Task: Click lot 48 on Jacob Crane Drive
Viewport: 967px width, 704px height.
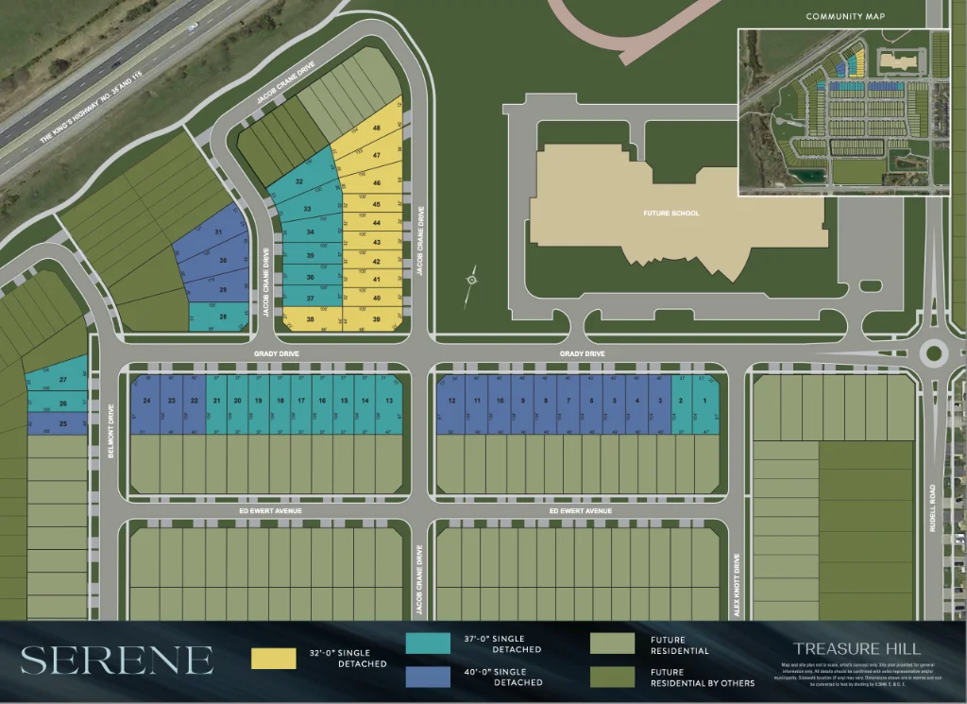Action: [x=377, y=129]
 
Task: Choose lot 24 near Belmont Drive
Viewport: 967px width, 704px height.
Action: [x=146, y=402]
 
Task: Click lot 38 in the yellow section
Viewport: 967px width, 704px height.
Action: [x=310, y=319]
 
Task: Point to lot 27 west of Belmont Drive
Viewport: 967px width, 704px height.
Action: [x=62, y=380]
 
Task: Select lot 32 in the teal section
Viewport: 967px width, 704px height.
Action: [x=300, y=181]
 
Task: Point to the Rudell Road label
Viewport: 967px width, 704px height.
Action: [x=933, y=507]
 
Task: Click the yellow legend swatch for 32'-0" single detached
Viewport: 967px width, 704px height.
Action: [x=274, y=658]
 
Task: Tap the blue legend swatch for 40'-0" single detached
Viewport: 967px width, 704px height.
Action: [x=428, y=676]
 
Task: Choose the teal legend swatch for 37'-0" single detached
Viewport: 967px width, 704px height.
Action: [x=428, y=644]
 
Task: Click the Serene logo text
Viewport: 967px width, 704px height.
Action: [x=117, y=660]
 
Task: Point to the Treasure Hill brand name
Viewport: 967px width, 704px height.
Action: [x=857, y=648]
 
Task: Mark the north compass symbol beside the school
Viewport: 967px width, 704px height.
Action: [x=471, y=280]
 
